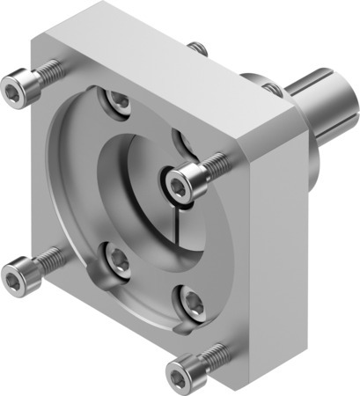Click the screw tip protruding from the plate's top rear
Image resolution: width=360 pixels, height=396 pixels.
pyautogui.click(x=201, y=48)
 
